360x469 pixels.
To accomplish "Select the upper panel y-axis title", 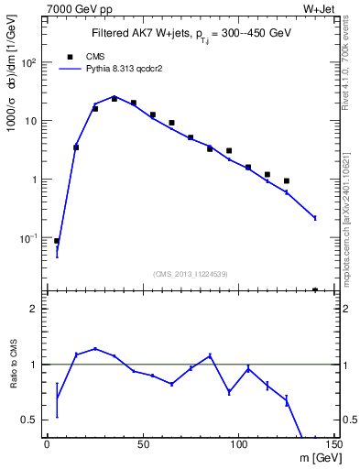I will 16,93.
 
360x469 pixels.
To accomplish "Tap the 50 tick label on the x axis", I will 143,444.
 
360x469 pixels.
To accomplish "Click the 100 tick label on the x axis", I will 238,444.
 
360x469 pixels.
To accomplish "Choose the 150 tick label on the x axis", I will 333,444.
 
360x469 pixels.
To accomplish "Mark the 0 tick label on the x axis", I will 48,444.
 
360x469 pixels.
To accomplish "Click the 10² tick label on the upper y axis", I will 29,62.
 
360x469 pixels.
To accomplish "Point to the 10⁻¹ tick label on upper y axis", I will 29,237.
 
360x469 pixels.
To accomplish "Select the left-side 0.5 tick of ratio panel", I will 30,420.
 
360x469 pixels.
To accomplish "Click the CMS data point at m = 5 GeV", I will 57,241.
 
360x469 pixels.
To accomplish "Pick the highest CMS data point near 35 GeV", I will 115,98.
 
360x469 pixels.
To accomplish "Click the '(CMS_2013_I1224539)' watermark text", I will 191,273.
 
